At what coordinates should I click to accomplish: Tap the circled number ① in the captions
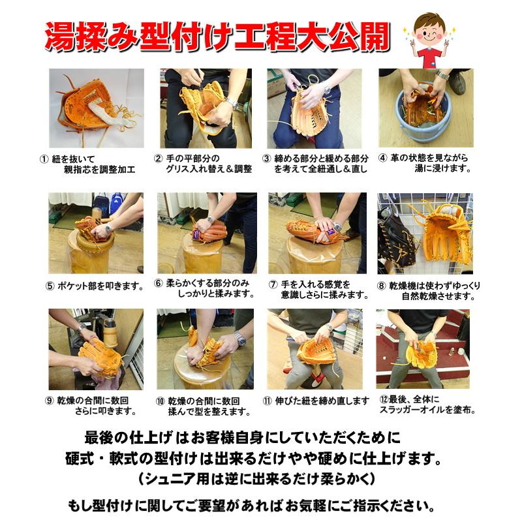(x=44, y=159)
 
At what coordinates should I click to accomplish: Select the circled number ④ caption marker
(x=383, y=158)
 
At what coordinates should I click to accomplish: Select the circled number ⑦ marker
(x=273, y=284)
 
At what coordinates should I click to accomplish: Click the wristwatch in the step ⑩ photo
(x=239, y=339)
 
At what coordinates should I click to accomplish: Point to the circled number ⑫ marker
(x=384, y=399)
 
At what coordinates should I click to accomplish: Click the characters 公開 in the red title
(x=358, y=37)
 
